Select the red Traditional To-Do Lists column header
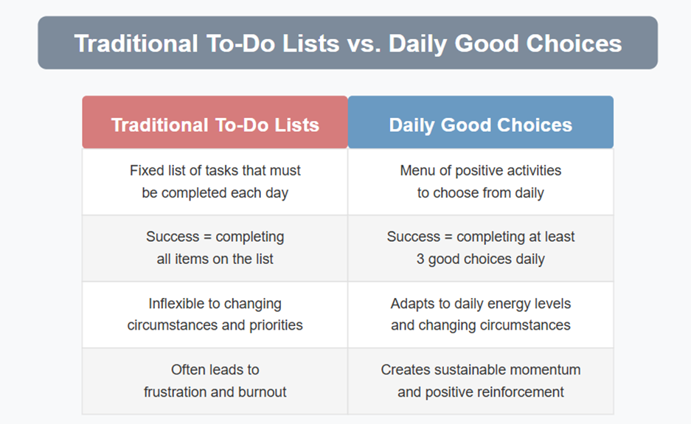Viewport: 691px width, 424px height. coord(215,122)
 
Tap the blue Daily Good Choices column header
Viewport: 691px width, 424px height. coord(481,122)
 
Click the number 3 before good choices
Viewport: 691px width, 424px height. coord(420,259)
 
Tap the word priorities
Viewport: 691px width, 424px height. coord(276,325)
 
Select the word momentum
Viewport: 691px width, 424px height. coord(544,370)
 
